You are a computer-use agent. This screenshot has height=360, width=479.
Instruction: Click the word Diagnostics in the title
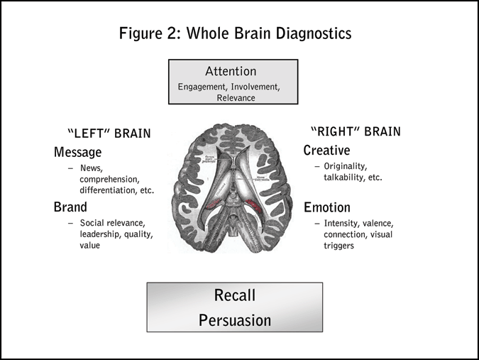pos(311,33)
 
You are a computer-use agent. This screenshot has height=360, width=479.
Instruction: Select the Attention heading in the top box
pos(231,72)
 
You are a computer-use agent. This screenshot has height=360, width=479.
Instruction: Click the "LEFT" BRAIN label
pos(109,133)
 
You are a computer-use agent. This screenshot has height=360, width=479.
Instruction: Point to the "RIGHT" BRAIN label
pos(356,131)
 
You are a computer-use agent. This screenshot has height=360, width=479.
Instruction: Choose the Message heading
pos(78,152)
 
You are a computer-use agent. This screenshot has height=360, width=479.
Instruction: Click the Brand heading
pos(70,207)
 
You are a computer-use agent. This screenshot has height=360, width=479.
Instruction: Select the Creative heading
pos(327,151)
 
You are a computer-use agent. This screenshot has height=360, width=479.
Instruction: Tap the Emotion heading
pos(327,207)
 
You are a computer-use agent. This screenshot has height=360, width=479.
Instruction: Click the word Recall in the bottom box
pos(234,295)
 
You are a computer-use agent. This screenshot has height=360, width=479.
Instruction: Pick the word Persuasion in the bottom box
pos(234,320)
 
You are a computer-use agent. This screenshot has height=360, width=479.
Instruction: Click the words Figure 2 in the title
pos(148,33)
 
